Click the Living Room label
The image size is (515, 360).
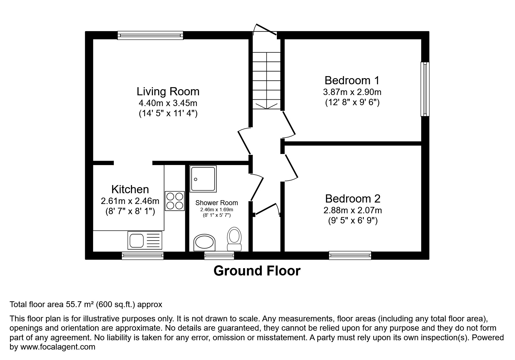[x=168, y=92]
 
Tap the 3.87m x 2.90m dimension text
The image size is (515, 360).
[x=352, y=92]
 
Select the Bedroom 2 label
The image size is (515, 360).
[x=352, y=198]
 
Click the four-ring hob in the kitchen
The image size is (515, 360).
[x=174, y=201]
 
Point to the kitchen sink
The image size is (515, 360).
[x=145, y=240]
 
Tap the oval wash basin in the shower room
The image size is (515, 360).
[x=205, y=243]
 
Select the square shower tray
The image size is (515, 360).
[x=203, y=179]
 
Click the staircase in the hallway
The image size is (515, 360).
[x=266, y=80]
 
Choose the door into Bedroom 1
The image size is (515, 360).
[x=289, y=123]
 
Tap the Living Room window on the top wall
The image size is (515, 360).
[x=150, y=35]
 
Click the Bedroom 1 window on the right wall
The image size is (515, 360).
[x=425, y=89]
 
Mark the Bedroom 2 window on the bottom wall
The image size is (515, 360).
[x=350, y=255]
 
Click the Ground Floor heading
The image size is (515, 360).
[x=257, y=271]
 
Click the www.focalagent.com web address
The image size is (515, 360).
[x=57, y=347]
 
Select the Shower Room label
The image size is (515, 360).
[x=216, y=203]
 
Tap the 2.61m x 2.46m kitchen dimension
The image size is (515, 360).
[x=130, y=201]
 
